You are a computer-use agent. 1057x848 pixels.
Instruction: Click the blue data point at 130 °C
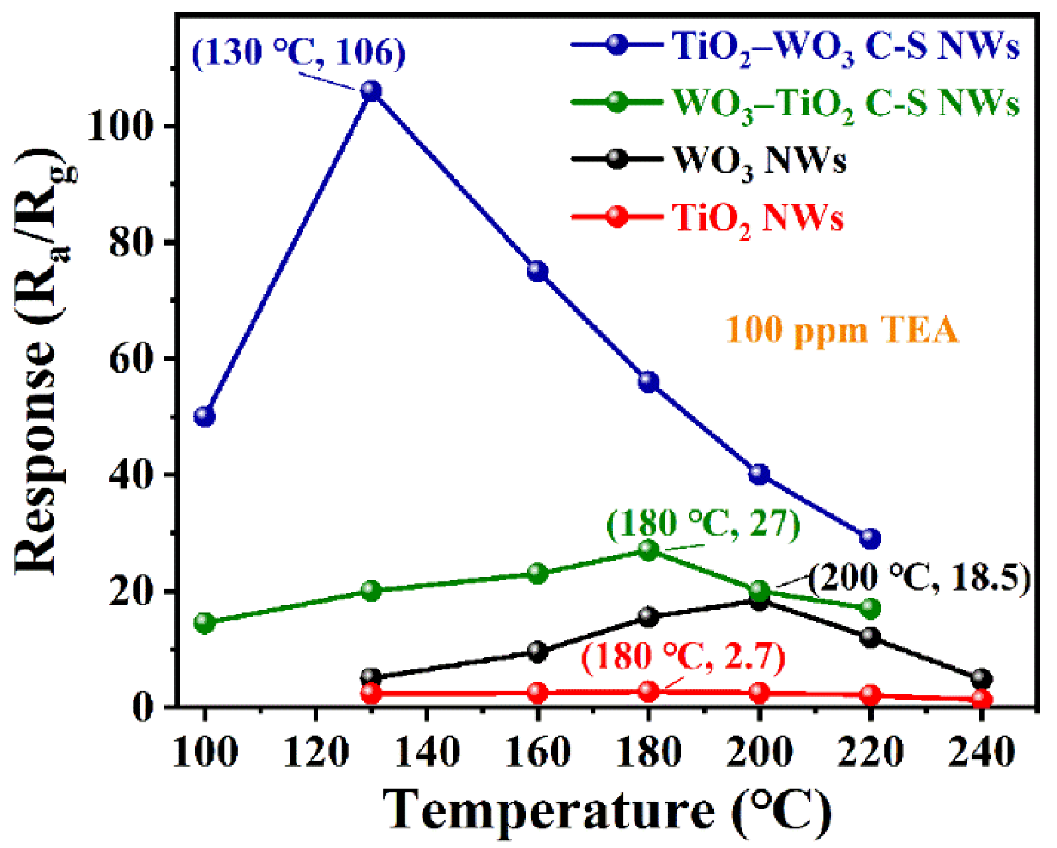(372, 91)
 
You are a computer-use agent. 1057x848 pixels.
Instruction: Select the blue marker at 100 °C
(205, 416)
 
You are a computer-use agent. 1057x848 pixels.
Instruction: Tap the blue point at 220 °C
(870, 538)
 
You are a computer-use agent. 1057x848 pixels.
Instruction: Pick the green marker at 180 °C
(648, 550)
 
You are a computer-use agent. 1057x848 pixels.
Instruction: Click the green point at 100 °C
(205, 623)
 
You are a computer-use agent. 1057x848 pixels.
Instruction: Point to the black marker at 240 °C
(981, 678)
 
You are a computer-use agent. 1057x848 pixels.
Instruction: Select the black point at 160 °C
(537, 651)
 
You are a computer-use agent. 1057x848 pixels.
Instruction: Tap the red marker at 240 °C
(981, 699)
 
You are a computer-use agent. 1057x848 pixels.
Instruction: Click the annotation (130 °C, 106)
(299, 53)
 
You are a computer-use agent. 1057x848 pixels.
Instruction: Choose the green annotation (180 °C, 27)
(703, 523)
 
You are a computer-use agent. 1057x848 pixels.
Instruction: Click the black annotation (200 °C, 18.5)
(918, 577)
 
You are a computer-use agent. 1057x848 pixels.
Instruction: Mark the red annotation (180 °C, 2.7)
(683, 657)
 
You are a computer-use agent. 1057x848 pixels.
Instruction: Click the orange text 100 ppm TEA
(842, 330)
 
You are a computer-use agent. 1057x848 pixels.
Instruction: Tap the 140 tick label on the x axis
(427, 752)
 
